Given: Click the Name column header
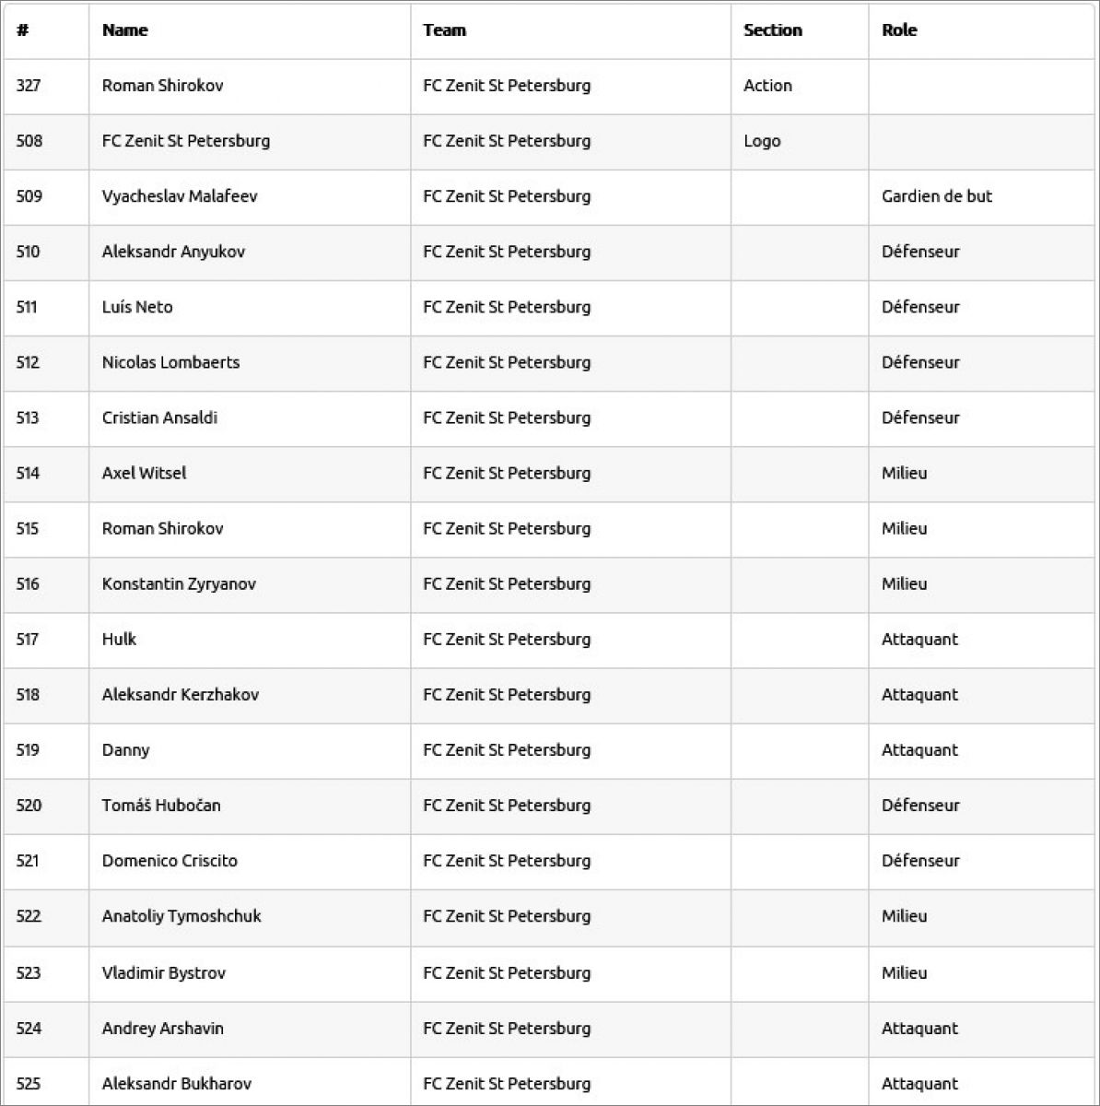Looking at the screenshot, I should (125, 30).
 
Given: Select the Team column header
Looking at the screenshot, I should (444, 30).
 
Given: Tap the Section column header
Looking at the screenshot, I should (772, 30).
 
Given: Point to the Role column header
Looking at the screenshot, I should (899, 30).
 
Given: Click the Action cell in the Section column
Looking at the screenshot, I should (767, 86).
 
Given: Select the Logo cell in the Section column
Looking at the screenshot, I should (762, 141).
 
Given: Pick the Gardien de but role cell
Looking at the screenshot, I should (936, 196).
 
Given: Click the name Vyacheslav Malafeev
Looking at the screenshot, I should (180, 196).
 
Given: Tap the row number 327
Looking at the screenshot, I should (29, 86).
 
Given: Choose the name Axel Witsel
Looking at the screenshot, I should (144, 473).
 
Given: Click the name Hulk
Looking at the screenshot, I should (119, 639).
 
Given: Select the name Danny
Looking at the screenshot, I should (125, 749).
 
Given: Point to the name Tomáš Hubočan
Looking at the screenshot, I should (161, 805).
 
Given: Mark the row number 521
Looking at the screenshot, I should (28, 861).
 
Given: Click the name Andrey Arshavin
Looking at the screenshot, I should (163, 1028).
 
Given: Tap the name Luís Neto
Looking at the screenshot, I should (137, 307).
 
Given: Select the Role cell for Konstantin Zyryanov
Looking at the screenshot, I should (904, 583).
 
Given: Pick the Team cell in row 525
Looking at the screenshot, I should (507, 1083).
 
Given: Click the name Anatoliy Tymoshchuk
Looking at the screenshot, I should (181, 916).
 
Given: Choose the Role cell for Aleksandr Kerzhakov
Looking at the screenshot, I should (919, 694).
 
